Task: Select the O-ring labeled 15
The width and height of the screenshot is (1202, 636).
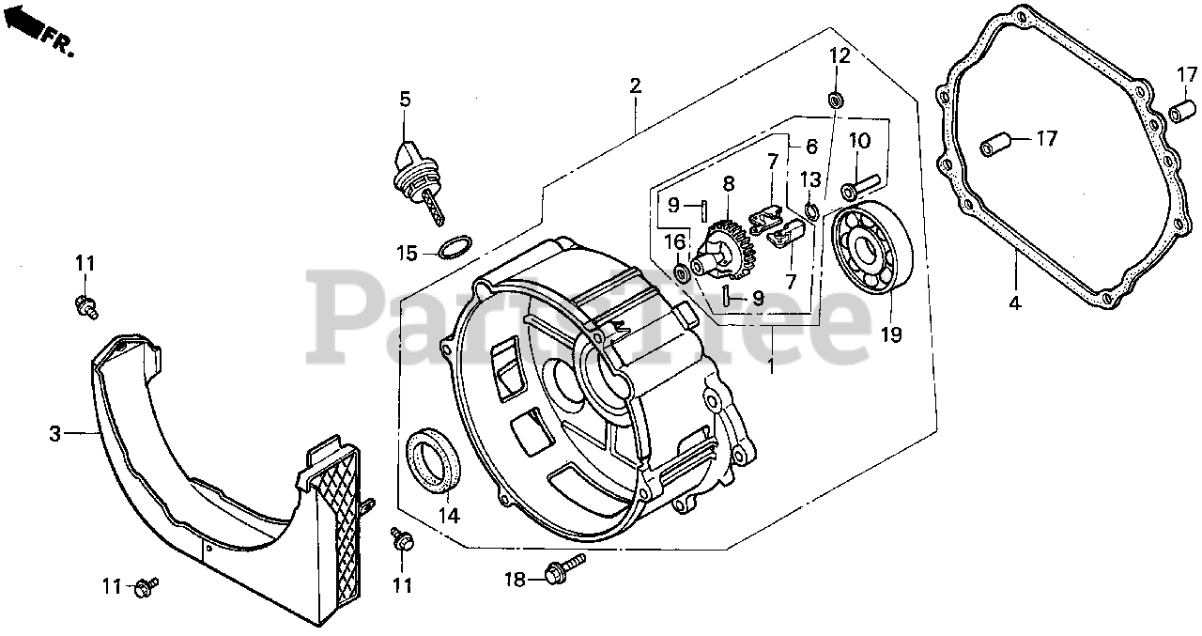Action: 454,250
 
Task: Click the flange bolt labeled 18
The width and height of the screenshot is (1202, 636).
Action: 563,567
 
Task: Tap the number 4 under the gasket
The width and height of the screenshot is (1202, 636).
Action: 1015,304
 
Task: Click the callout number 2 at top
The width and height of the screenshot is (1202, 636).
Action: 635,86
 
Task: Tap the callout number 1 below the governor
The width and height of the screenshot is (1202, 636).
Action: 771,367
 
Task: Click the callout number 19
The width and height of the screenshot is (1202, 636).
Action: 891,334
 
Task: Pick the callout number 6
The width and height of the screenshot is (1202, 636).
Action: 811,147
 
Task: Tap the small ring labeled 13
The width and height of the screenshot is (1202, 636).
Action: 811,209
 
